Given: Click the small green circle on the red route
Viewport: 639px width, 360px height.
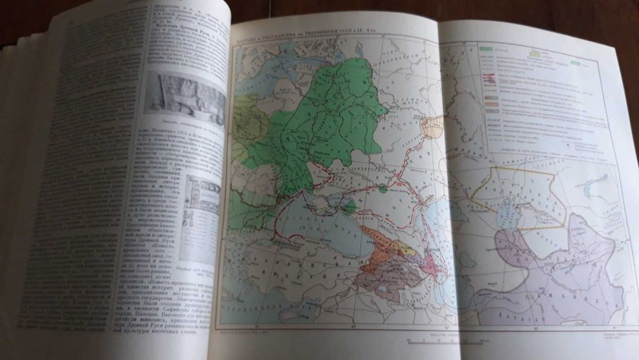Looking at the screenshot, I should coord(382,188).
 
